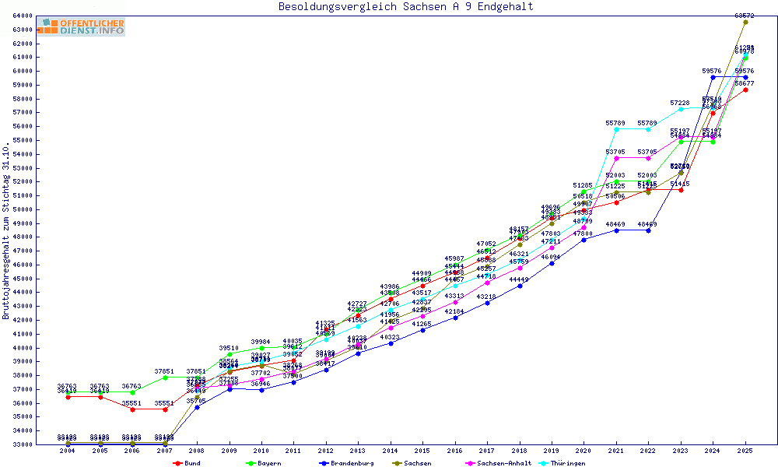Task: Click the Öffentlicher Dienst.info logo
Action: (81, 27)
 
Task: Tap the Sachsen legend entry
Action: (419, 463)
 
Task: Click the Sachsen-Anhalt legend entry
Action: (499, 463)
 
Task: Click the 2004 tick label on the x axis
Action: (68, 451)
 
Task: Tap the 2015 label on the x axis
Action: (422, 451)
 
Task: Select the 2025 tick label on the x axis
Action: (745, 451)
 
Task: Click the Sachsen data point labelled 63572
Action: (745, 22)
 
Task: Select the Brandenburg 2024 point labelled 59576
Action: (713, 77)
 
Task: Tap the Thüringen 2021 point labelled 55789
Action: (616, 129)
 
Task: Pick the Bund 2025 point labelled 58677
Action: (745, 90)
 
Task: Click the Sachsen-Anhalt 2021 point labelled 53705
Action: (616, 158)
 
